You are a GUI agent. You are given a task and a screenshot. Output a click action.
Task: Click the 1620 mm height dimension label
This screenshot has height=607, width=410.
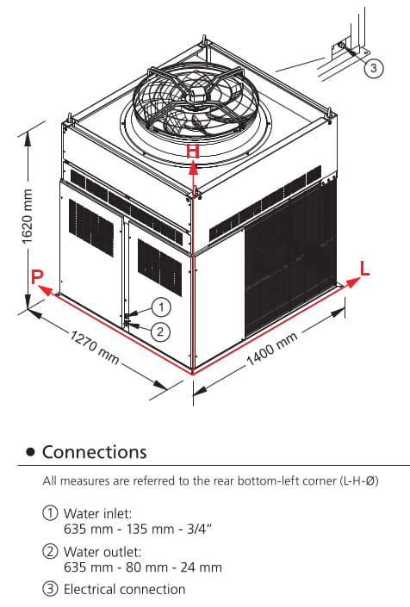tap(27, 216)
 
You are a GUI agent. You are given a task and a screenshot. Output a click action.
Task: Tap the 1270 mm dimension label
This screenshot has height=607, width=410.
tap(95, 347)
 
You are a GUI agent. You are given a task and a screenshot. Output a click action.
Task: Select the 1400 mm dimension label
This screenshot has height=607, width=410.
tap(272, 349)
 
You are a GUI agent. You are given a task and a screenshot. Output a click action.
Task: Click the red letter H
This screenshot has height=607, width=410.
tap(193, 152)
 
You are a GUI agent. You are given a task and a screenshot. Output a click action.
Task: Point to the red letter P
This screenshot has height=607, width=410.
tap(37, 276)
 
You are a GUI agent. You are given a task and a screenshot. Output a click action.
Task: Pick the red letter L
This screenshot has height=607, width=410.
tap(364, 269)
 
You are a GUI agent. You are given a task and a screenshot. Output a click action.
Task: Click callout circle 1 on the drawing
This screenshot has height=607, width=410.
tap(161, 307)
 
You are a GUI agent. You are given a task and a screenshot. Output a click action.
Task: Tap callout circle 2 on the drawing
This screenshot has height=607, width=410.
tap(160, 331)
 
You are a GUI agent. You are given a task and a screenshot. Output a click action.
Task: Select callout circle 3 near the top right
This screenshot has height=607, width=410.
tap(373, 68)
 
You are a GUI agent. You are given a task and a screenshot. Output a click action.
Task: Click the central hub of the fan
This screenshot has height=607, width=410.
tap(195, 94)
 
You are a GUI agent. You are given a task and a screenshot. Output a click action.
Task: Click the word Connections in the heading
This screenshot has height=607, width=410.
tap(95, 452)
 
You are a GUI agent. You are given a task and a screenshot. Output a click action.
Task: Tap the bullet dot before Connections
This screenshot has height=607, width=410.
tap(30, 452)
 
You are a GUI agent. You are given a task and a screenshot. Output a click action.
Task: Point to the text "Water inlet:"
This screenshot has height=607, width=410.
tap(97, 514)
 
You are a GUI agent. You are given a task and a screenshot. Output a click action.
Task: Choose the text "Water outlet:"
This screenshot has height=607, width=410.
tap(102, 552)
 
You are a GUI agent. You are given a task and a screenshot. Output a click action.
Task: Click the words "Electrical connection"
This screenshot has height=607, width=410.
tap(124, 590)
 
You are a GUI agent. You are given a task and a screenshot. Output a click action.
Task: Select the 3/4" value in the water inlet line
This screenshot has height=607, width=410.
tap(200, 529)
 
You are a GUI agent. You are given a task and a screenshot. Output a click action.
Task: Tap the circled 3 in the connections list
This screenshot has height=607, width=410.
tap(50, 589)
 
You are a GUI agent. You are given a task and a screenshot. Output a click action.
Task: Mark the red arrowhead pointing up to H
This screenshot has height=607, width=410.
tap(193, 167)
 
